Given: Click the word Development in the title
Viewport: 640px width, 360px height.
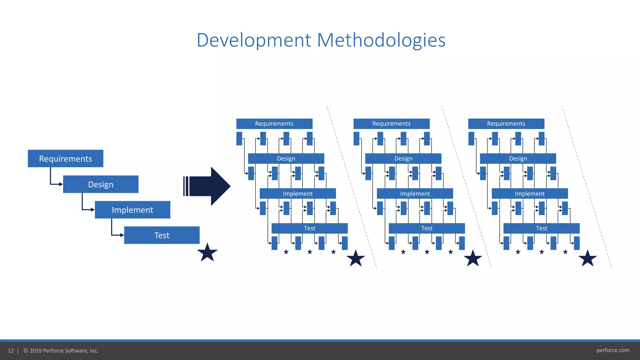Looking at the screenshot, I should click(x=254, y=40).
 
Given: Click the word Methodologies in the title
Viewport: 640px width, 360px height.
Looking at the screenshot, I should click(x=381, y=40).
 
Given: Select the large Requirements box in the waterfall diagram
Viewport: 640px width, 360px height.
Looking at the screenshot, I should click(x=65, y=158).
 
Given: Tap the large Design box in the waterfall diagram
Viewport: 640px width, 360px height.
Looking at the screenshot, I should click(x=101, y=184).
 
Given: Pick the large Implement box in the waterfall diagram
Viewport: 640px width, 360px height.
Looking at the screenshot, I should click(x=132, y=210).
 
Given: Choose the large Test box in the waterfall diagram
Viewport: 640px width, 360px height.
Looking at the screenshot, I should click(x=162, y=235).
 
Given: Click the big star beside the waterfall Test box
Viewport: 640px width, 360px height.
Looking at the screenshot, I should click(x=207, y=252).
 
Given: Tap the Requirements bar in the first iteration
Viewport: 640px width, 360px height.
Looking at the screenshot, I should click(x=274, y=124).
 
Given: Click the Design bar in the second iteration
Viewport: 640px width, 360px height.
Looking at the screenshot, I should click(x=403, y=158).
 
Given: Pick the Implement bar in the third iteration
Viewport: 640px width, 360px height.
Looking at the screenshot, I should click(x=530, y=193).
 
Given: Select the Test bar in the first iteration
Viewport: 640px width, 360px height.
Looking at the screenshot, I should click(x=309, y=228).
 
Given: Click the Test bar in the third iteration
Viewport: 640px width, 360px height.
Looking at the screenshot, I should click(x=541, y=228).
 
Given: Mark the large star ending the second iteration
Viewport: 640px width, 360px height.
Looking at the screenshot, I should click(x=472, y=258).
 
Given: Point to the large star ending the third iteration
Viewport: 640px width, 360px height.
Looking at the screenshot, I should click(x=587, y=258).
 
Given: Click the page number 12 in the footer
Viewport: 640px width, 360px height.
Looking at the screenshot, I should click(x=11, y=351).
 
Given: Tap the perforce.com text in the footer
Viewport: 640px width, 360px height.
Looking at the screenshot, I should click(x=612, y=350).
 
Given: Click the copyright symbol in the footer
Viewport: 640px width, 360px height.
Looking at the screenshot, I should click(x=26, y=351).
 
